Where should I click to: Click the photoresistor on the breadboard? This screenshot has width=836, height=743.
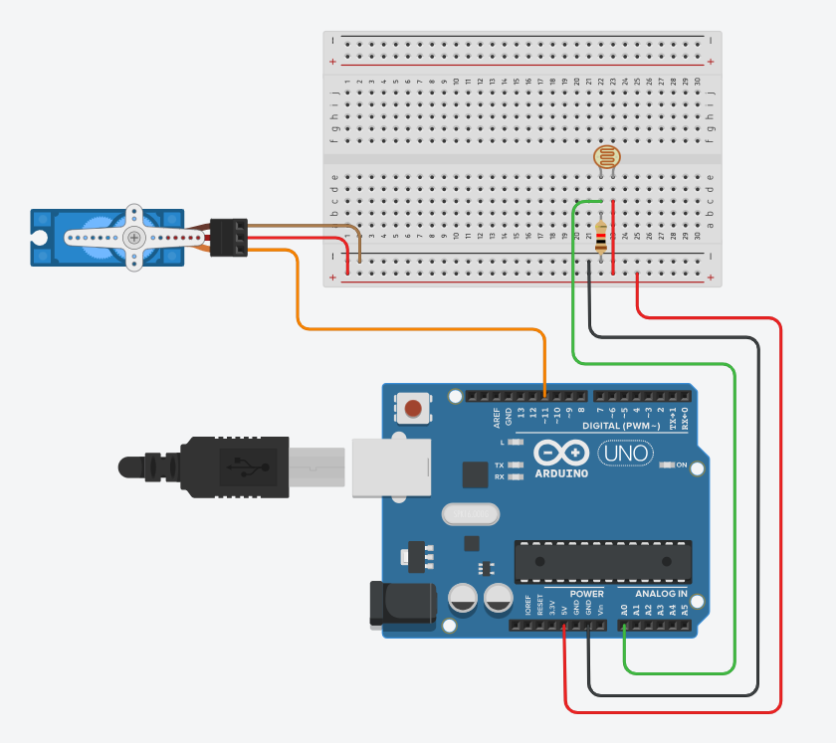point(604,157)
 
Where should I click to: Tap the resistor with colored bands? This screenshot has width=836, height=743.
point(600,237)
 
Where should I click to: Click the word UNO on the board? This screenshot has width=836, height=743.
point(625,454)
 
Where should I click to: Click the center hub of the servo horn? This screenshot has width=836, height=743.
point(134,237)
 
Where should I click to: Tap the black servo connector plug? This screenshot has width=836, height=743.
point(230,238)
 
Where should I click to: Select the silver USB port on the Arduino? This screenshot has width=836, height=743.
point(390,464)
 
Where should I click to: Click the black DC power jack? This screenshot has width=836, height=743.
point(402,605)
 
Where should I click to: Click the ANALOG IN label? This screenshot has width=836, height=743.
point(661,594)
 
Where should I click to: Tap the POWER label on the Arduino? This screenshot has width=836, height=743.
point(587,594)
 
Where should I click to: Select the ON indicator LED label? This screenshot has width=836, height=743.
point(682,464)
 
